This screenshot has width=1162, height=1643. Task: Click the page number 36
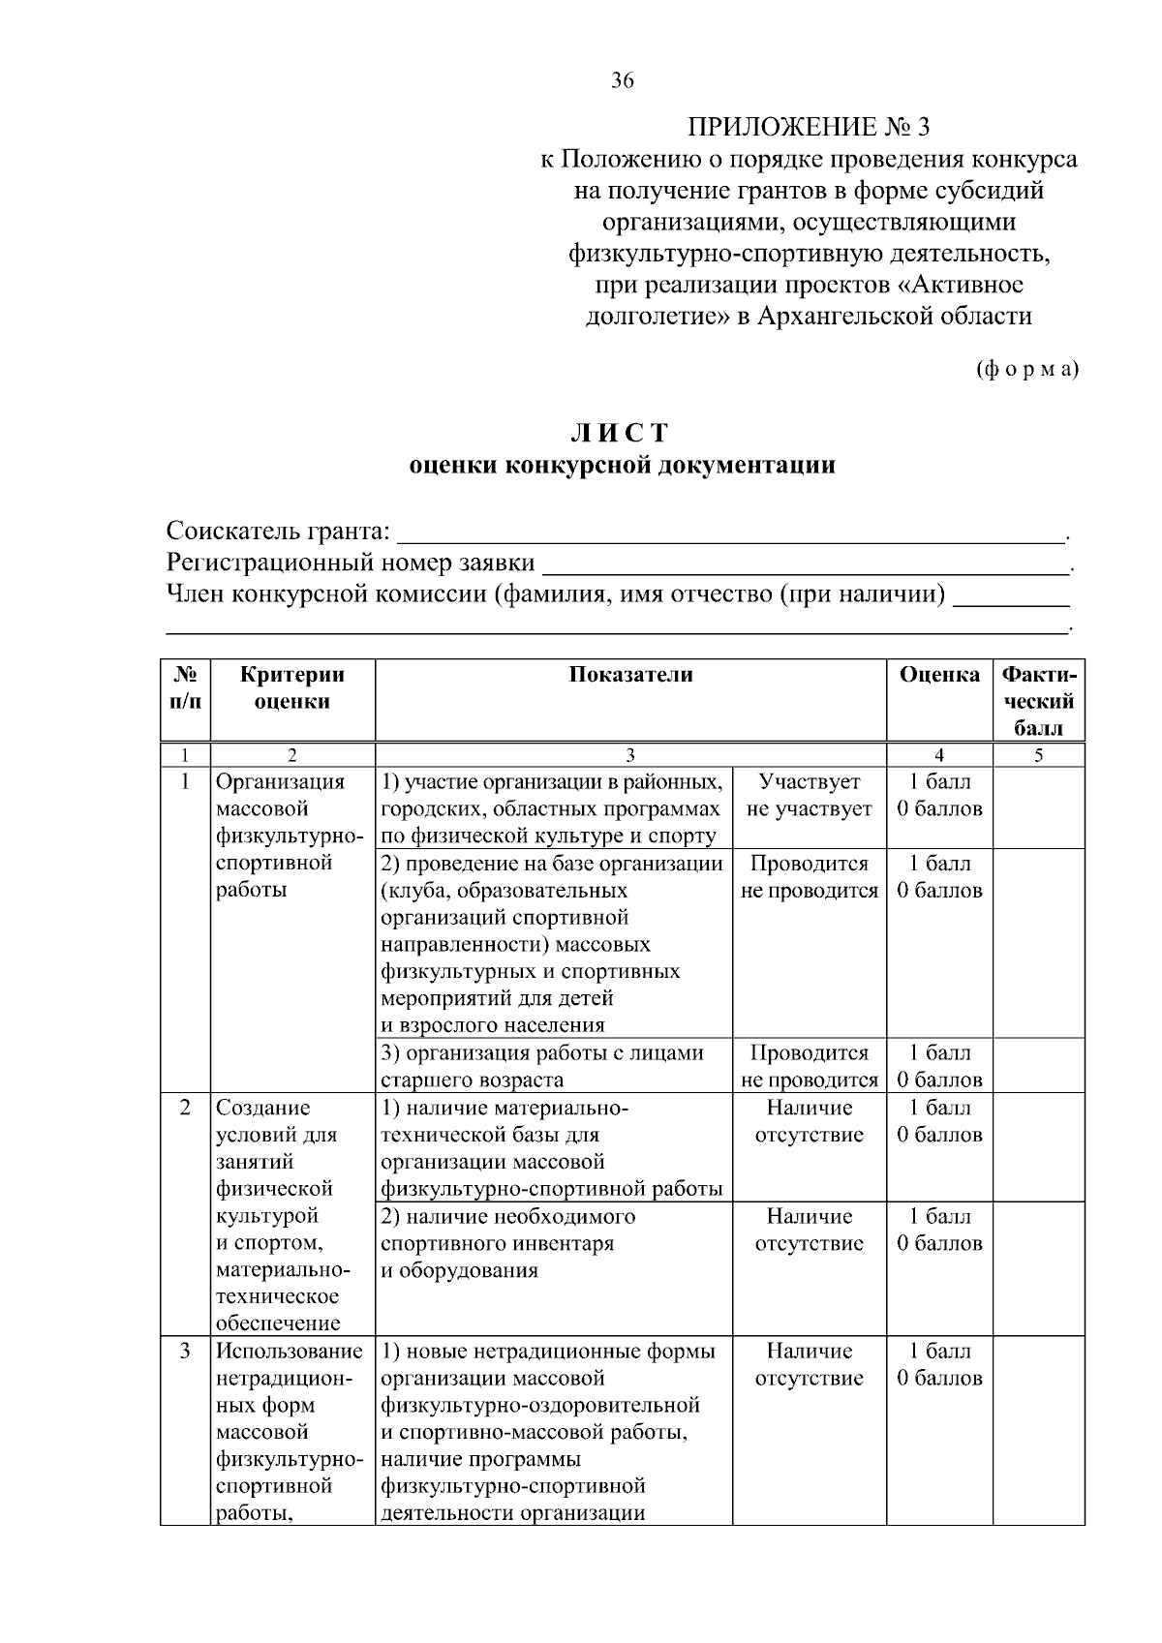pos(622,81)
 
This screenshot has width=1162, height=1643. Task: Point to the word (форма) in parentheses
pos(1025,369)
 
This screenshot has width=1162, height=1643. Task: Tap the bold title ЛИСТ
pos(621,432)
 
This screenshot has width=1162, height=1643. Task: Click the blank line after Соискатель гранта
pos(731,532)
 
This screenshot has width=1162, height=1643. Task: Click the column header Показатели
pos(630,676)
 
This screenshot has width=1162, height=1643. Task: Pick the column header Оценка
pos(938,676)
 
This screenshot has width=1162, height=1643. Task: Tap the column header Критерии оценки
pos(292,688)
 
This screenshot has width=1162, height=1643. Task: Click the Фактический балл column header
pos(1038,701)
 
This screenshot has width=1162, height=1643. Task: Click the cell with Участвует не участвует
pos(810,796)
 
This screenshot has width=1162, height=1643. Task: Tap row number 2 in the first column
pos(185,1108)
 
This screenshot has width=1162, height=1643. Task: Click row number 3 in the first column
pos(185,1351)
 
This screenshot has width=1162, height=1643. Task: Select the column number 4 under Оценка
pos(938,756)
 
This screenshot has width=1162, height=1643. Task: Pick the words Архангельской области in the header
pos(895,317)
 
